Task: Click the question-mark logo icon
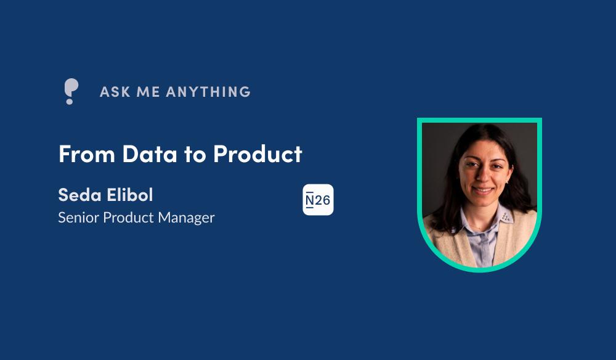coord(71,91)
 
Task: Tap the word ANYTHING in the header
coord(208,92)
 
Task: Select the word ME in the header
coord(148,92)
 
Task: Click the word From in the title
coord(87,153)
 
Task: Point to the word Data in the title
coord(150,153)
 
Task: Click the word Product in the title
coord(257,153)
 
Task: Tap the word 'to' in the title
coord(195,155)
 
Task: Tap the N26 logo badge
coord(318,200)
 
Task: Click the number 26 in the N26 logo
coord(323,200)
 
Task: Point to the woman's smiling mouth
coord(483,191)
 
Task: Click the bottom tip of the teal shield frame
coord(480,272)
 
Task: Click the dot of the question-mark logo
coord(70,101)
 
